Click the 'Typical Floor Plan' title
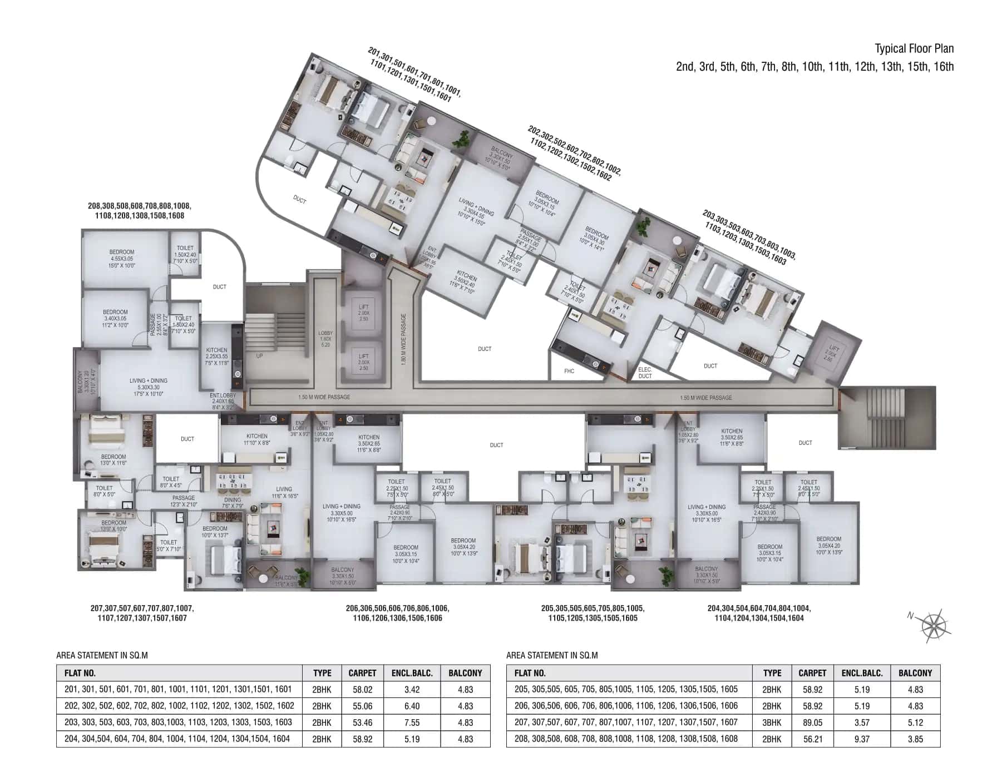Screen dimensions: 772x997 coord(914,49)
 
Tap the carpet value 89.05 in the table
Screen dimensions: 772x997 coord(812,722)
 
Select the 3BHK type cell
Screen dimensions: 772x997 coord(772,722)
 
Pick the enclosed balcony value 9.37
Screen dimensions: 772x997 coord(862,739)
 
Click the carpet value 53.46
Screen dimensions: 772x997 coord(362,722)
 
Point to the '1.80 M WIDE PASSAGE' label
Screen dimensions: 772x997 coord(404,339)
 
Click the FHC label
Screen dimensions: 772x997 coord(569,371)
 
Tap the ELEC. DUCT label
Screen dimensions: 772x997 coord(645,373)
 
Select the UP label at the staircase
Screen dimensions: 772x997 coord(259,356)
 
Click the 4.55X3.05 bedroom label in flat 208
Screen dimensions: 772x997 coord(122,259)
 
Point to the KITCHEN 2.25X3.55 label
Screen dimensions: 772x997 coord(216,357)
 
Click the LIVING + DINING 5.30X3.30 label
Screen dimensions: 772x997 coord(148,387)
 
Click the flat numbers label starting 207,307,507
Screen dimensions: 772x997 coord(142,613)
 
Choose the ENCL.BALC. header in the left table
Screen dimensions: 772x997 coord(412,673)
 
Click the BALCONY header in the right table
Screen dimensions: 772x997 coord(915,673)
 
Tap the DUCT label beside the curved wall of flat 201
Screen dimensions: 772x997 coord(299,199)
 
